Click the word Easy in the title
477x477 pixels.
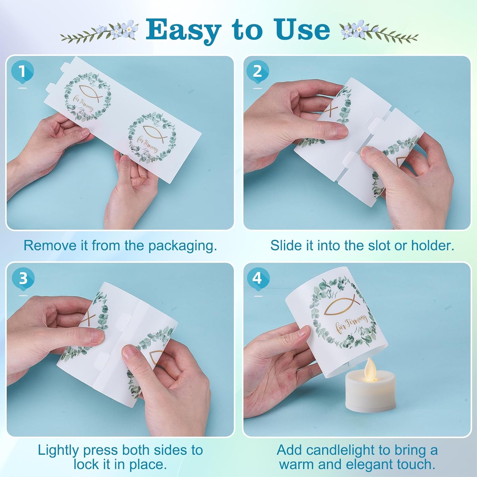(x=183, y=30)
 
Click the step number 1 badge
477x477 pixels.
(x=22, y=72)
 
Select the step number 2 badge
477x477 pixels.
(x=258, y=72)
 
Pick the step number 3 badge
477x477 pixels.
(x=23, y=279)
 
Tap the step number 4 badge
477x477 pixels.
(x=258, y=279)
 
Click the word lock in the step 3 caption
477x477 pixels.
(x=86, y=464)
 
